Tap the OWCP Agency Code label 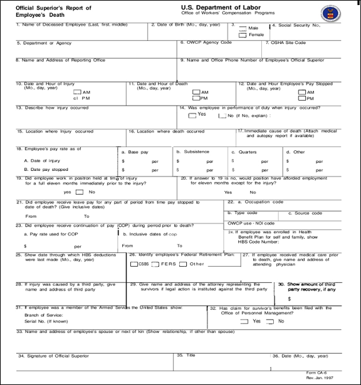(206, 43)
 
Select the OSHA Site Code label (288, 43)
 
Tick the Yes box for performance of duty (193, 114)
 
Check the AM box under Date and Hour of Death (195, 91)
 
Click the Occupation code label (255, 202)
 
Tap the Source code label (308, 213)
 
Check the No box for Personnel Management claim (270, 320)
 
